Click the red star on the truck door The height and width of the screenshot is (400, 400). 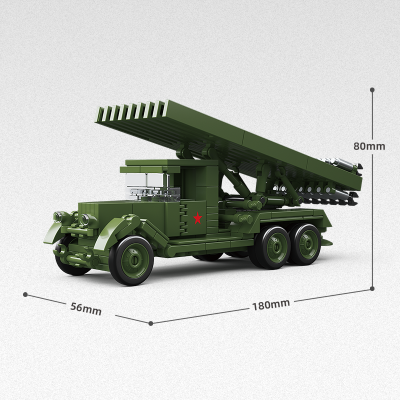[x=198, y=218]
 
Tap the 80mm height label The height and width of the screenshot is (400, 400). [x=369, y=146]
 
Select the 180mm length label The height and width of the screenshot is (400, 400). [x=270, y=304]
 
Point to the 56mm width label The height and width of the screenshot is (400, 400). [x=85, y=308]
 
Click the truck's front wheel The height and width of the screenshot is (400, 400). [x=131, y=260]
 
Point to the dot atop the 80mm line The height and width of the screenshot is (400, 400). [x=372, y=90]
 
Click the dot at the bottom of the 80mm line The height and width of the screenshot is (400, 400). [x=372, y=288]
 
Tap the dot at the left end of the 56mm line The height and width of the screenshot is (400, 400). [x=25, y=294]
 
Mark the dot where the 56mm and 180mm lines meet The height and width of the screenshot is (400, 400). [x=150, y=323]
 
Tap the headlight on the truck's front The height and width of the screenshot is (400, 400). [x=85, y=219]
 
